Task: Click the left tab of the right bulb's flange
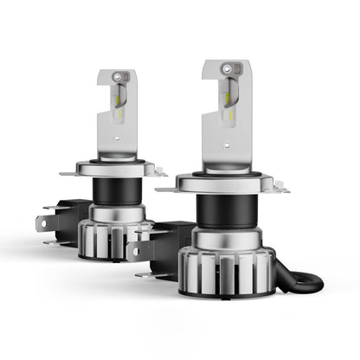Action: (163, 186)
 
